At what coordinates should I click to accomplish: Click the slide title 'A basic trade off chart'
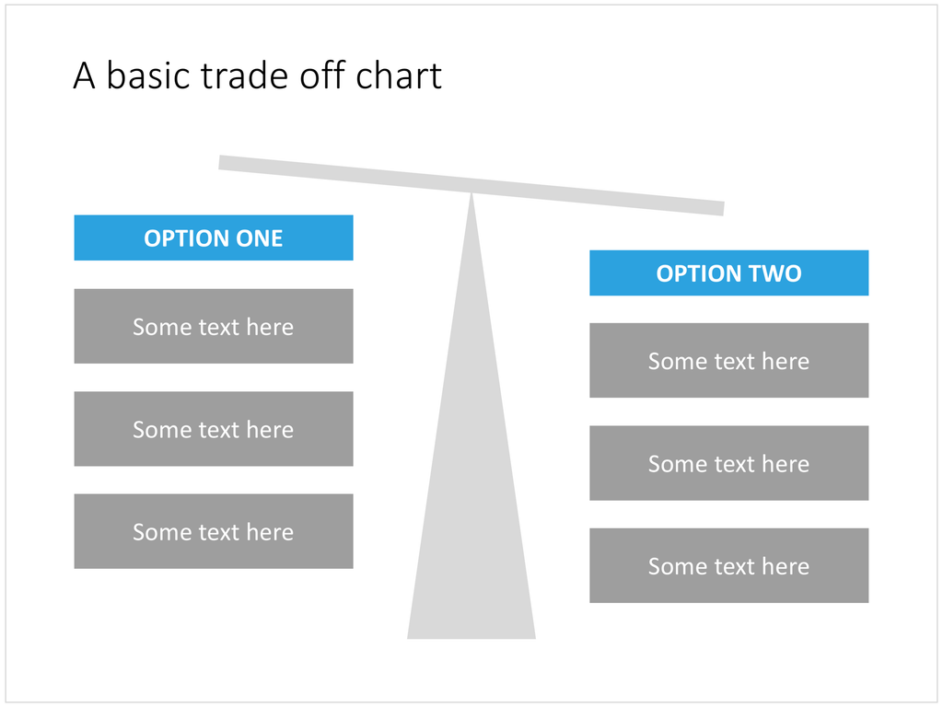(258, 75)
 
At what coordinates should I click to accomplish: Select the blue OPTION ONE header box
(214, 238)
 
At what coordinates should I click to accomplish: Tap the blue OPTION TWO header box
(729, 272)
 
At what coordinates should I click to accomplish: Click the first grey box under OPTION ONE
(214, 326)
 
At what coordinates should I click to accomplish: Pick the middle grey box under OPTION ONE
(214, 429)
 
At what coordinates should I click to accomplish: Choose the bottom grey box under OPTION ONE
(214, 531)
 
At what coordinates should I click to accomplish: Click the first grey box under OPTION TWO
(729, 360)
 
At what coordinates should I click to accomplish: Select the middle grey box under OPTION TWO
(729, 463)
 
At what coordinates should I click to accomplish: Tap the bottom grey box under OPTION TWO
(729, 566)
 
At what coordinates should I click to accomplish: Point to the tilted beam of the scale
(471, 185)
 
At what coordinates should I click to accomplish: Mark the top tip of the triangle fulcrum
(471, 193)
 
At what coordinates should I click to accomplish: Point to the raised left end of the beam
(219, 162)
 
